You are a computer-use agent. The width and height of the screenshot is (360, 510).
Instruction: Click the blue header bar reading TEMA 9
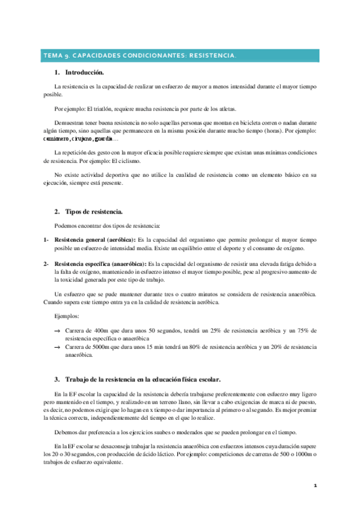point(180,56)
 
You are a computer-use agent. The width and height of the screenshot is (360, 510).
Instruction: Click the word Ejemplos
point(66,316)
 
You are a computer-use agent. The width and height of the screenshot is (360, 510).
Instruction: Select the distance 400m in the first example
point(103,331)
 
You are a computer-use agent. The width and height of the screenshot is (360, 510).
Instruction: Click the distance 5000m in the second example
point(105,347)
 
